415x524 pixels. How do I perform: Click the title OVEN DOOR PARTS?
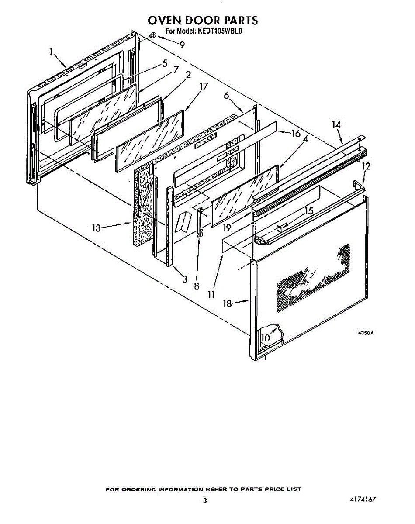coord(203,20)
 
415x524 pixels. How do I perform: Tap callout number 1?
coord(51,52)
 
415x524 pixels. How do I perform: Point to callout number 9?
coord(182,45)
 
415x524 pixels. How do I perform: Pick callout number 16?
coord(296,133)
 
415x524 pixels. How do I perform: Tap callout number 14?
coord(335,125)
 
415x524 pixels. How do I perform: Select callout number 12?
coord(366,166)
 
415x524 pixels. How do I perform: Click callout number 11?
coord(211,294)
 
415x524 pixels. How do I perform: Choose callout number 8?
coord(197,286)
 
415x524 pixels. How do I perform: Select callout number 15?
coord(309,211)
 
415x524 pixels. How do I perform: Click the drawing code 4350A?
coord(366,333)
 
